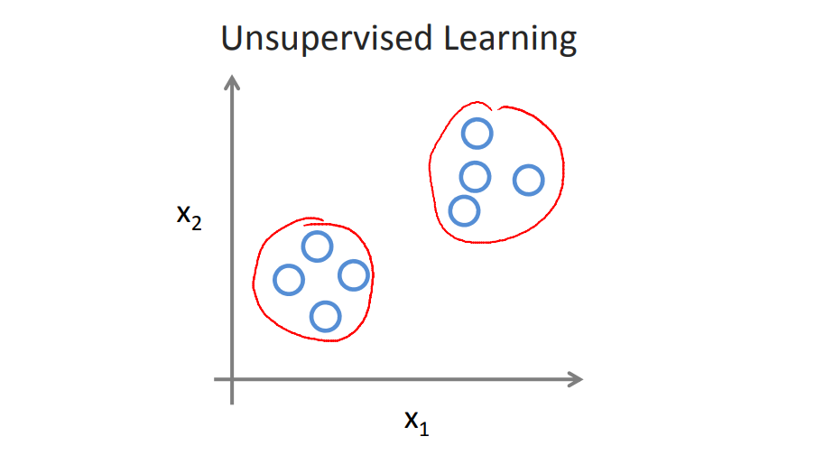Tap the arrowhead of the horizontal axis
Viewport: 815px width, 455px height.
click(575, 379)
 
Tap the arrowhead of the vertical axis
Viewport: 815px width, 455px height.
click(233, 83)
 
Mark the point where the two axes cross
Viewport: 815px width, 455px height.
click(233, 379)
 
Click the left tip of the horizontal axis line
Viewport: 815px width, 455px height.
click(216, 379)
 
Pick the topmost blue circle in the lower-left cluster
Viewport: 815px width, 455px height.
click(317, 246)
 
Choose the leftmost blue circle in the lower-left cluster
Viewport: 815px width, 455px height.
click(289, 280)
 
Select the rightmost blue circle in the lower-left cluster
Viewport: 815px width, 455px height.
click(354, 274)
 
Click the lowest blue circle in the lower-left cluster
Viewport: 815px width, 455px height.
click(325, 316)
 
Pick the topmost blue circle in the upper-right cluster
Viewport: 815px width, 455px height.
click(477, 134)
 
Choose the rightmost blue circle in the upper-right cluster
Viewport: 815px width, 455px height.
click(529, 181)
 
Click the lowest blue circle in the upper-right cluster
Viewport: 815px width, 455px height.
click(464, 210)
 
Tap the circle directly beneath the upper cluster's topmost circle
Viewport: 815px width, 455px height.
click(475, 175)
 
